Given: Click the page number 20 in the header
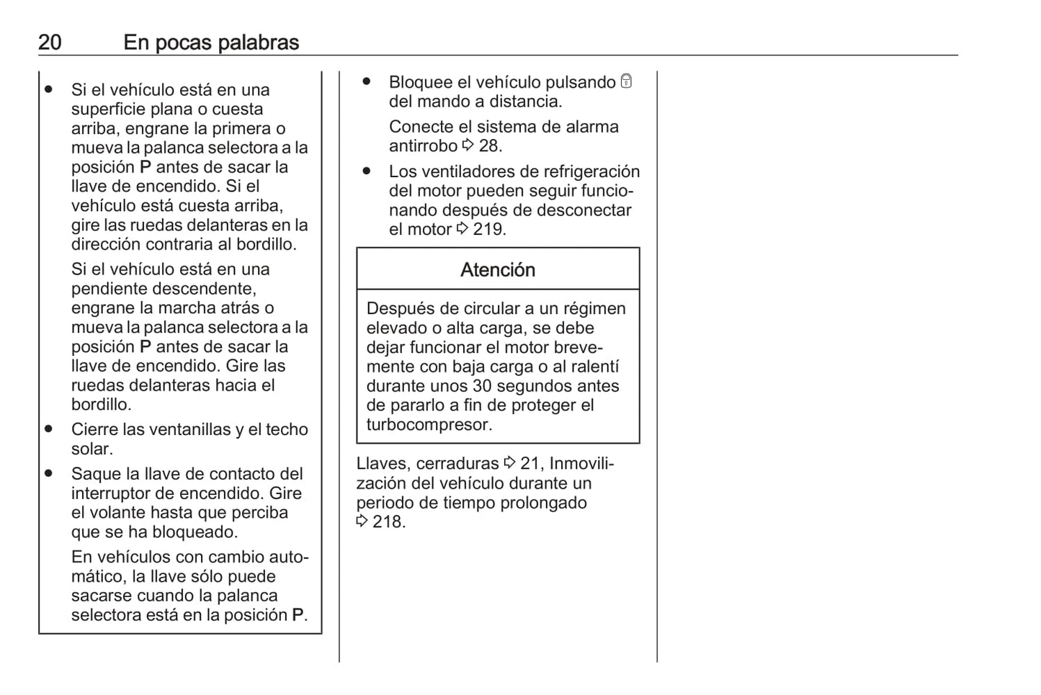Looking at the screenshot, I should coord(50,42).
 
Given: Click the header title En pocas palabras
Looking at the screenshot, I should coord(211,42).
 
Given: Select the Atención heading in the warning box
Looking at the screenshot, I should coord(498,270).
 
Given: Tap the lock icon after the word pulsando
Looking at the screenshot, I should coord(626,81).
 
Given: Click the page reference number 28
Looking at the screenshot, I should coord(489,146).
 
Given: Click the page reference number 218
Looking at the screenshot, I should coord(388,522).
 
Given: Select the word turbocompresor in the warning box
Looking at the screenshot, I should coord(429,425).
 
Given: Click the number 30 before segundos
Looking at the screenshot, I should coord(482,386).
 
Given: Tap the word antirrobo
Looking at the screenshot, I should coord(423,146).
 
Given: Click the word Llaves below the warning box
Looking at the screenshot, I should coord(383,464).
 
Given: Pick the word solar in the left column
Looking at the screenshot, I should coord(91,449).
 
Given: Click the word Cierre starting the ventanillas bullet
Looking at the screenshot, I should coord(94,430).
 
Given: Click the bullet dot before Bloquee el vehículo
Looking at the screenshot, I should coord(367,81).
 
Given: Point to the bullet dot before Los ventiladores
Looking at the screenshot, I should coord(367,171).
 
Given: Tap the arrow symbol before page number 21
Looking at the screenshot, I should coord(510,463).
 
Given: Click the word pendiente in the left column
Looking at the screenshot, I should coord(105,289).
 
